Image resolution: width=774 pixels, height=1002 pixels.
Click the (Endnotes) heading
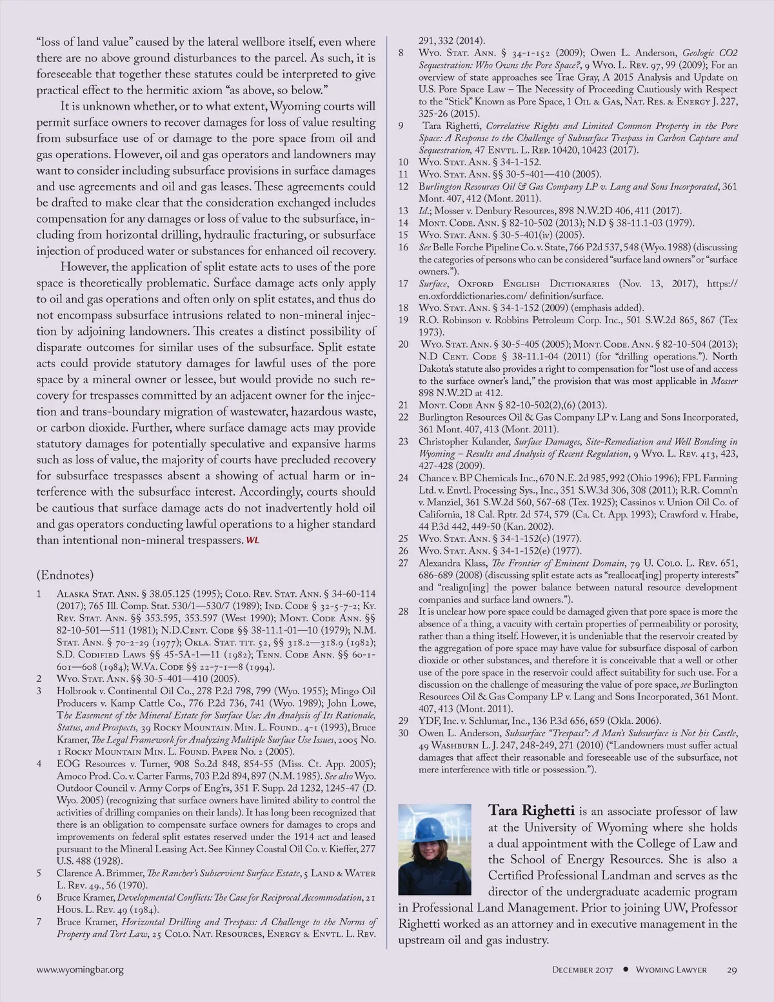pyautogui.click(x=65, y=575)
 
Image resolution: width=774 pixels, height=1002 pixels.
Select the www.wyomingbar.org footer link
pyautogui.click(x=79, y=970)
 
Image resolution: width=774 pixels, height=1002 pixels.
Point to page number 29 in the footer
pyautogui.click(x=731, y=970)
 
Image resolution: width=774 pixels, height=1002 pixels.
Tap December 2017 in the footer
pyautogui.click(x=582, y=970)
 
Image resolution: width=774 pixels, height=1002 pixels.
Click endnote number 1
pyautogui.click(x=39, y=594)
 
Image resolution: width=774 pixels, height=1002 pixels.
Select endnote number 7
pyautogui.click(x=39, y=922)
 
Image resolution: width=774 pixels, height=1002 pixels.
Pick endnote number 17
pyautogui.click(x=403, y=284)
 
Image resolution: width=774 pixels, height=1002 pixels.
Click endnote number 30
pyautogui.click(x=403, y=733)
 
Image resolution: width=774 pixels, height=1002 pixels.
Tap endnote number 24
pyautogui.click(x=403, y=478)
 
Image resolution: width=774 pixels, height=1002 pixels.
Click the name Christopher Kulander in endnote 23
pyautogui.click(x=464, y=442)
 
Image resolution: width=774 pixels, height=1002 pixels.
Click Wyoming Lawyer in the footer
pyautogui.click(x=671, y=970)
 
